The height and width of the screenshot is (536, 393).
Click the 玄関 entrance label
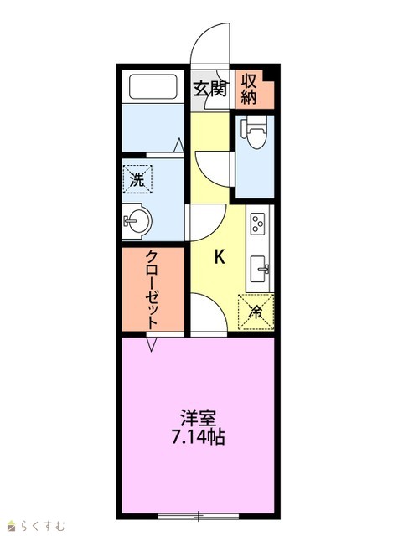pos(210,89)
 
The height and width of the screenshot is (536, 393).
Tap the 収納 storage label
pos(249,90)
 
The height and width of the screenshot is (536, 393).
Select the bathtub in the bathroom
pos(153,86)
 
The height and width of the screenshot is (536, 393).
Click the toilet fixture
pos(255,132)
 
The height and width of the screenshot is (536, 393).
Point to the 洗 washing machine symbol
pos(137,179)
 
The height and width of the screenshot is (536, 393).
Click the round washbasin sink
pos(137,221)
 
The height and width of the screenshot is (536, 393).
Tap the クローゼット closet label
pos(153,290)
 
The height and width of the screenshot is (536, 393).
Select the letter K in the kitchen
pos(220,256)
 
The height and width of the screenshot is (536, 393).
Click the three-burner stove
pos(257,224)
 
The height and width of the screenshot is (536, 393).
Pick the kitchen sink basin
pos(260,269)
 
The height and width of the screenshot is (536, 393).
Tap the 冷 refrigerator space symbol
pos(256,312)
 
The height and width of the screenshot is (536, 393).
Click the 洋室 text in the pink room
pos(198,418)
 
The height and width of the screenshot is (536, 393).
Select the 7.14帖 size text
pos(198,436)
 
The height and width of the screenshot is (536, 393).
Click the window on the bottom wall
pos(199,516)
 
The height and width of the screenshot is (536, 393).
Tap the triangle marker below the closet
pos(152,344)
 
